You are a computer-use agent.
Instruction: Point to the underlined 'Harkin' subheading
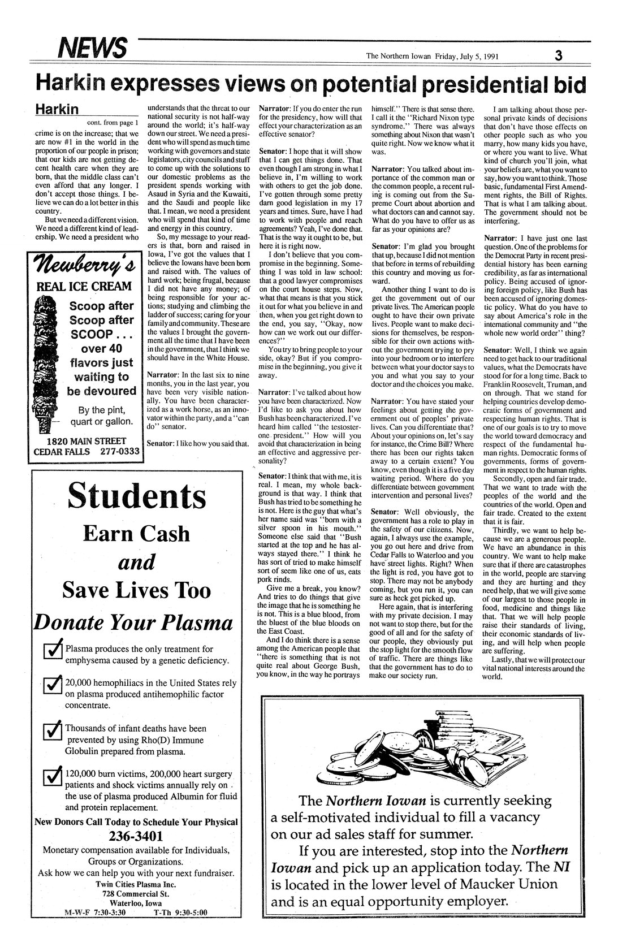click(58, 109)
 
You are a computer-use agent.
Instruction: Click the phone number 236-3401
click(136, 836)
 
